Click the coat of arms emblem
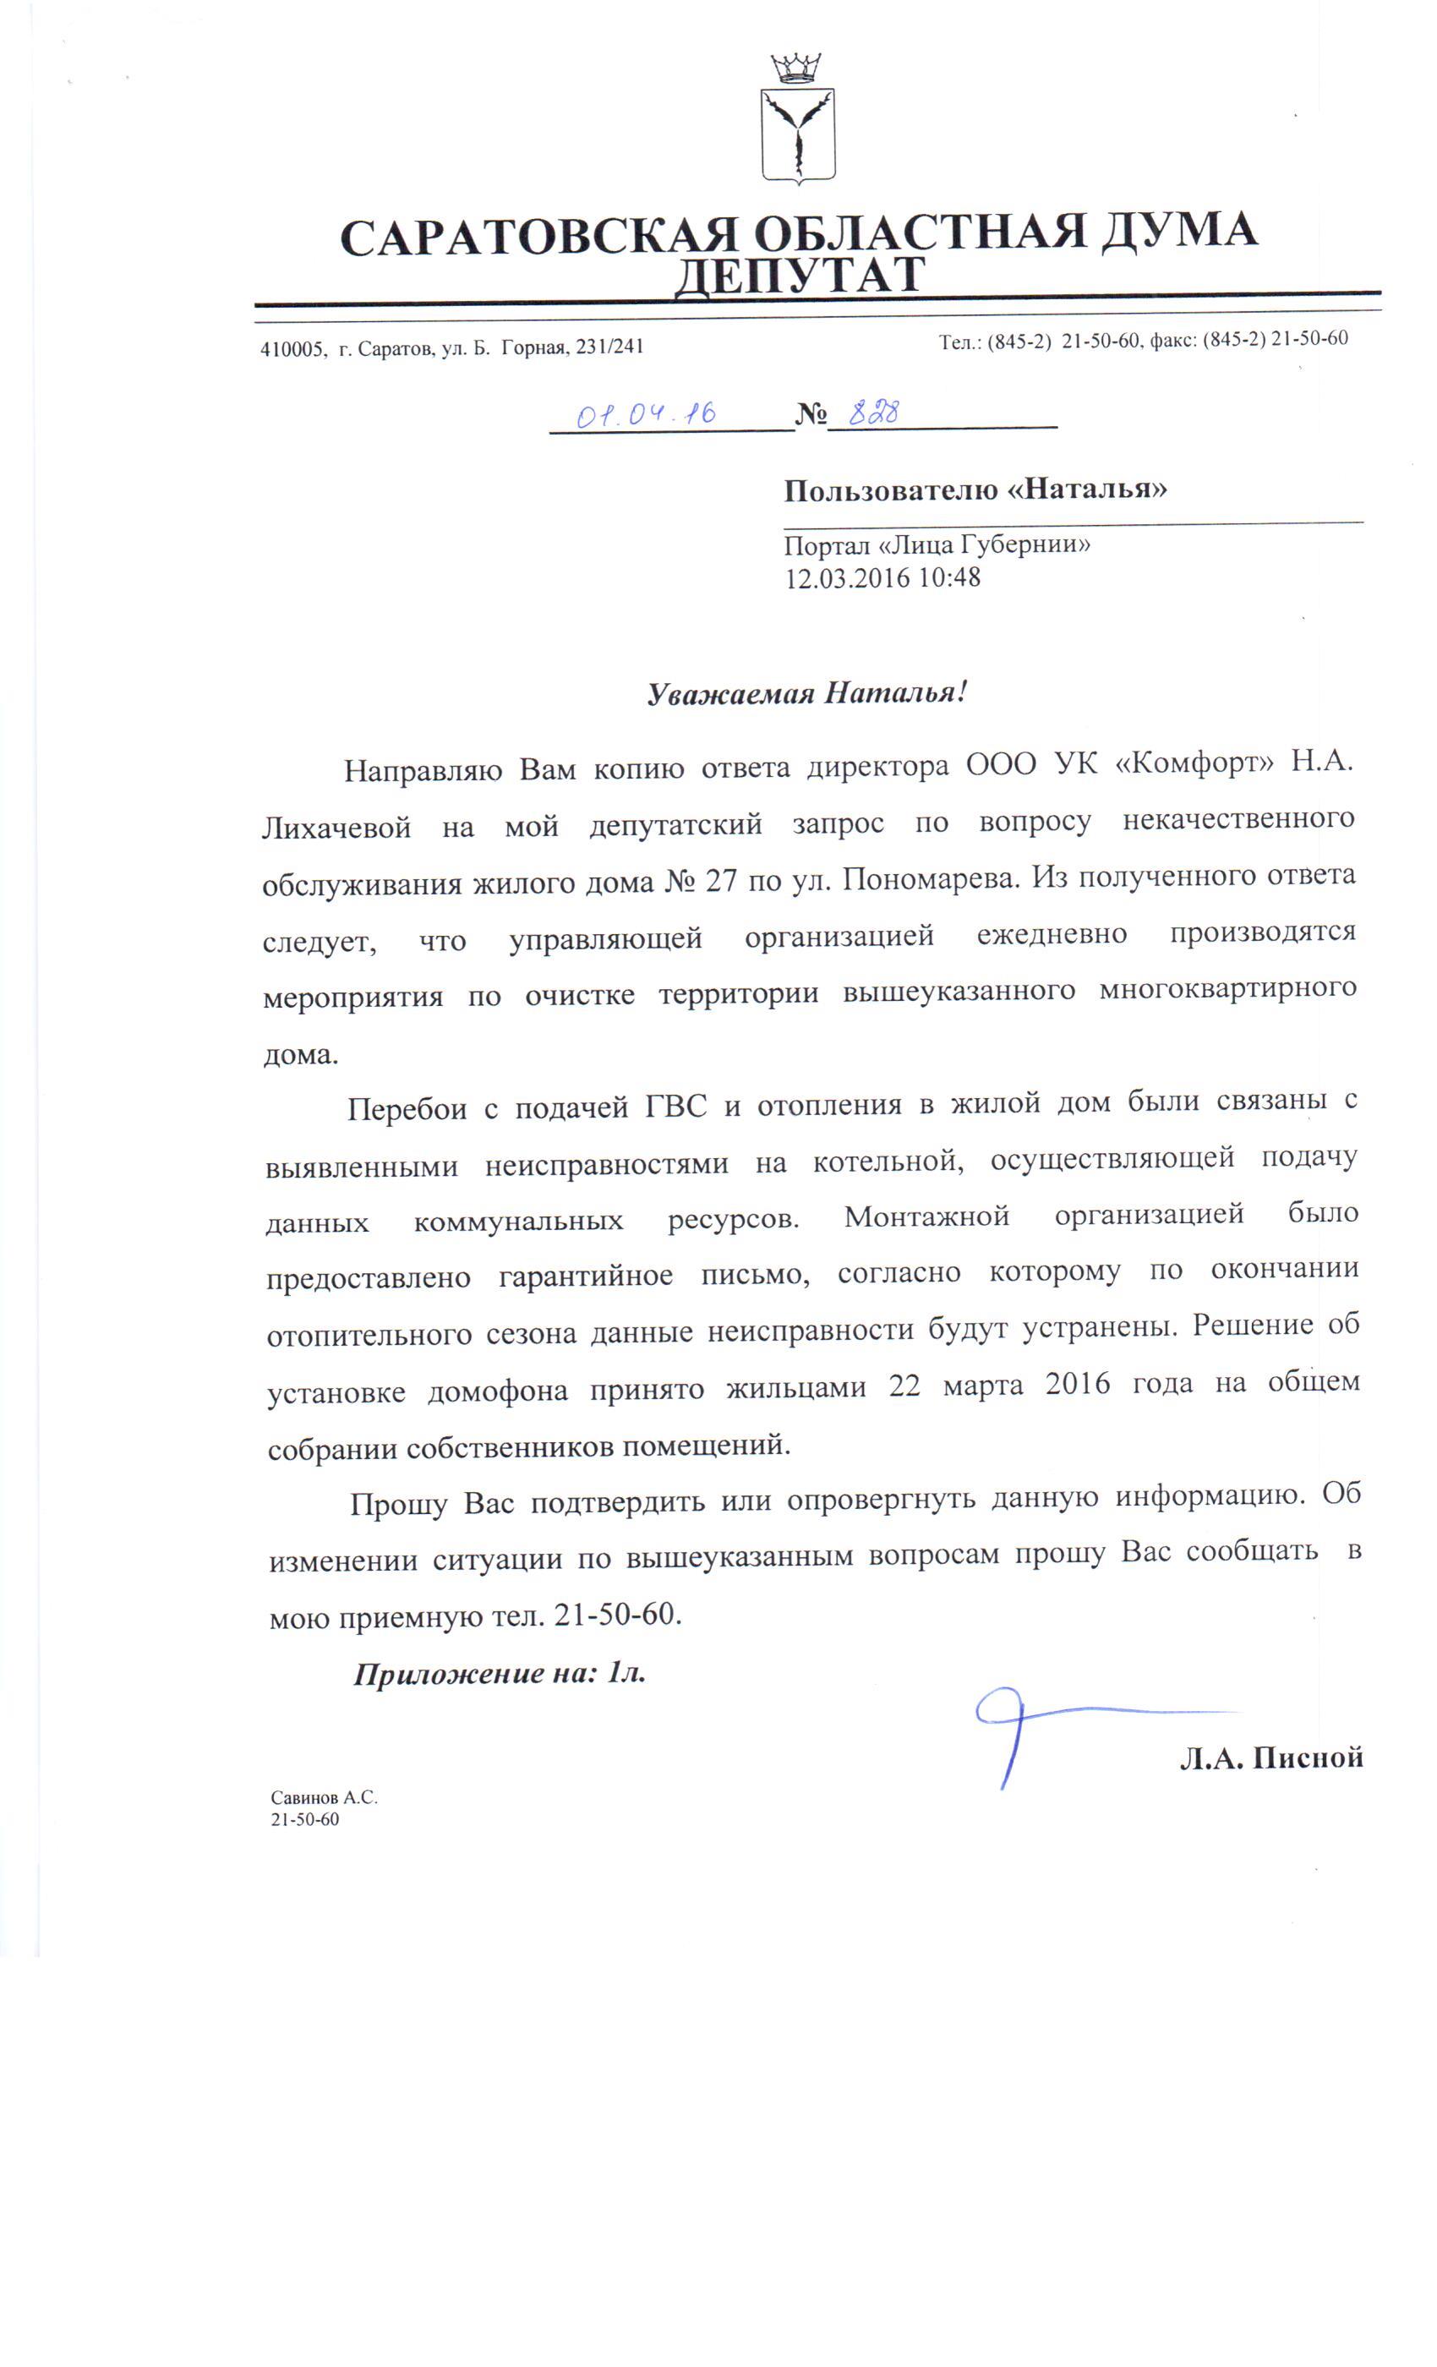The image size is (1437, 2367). pos(796,120)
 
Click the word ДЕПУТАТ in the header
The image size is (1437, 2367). pos(798,276)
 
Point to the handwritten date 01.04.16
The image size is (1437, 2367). pos(646,414)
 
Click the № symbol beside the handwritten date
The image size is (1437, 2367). pos(811,416)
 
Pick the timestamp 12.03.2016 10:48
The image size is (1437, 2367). pos(882,577)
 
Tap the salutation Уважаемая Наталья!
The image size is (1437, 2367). pos(806,692)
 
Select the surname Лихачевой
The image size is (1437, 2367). pos(336,826)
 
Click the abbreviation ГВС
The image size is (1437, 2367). pos(675,1106)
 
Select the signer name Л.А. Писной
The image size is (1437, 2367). pos(1270,1758)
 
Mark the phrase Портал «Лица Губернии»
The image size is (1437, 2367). pos(937,545)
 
